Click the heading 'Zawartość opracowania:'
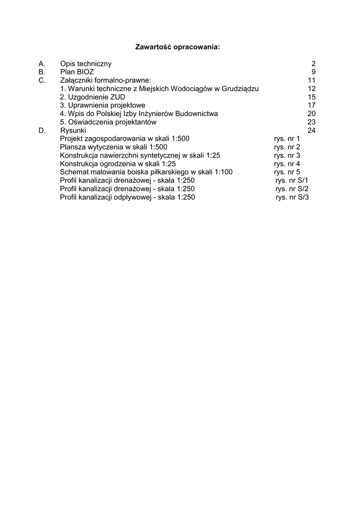click(x=178, y=47)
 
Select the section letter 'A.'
click(x=42, y=64)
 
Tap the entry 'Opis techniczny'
click(x=86, y=64)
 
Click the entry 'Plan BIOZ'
click(x=77, y=72)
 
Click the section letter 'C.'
click(x=42, y=80)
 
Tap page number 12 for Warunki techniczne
click(x=312, y=88)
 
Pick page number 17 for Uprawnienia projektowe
click(x=312, y=105)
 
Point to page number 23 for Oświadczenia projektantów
click(x=312, y=122)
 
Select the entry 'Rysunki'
click(x=73, y=130)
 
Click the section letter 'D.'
click(x=42, y=130)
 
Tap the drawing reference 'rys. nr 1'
click(x=287, y=139)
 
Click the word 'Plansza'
click(x=73, y=147)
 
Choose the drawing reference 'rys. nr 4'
click(x=287, y=164)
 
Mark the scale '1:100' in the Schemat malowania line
click(x=223, y=172)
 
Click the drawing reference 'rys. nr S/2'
click(x=292, y=189)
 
